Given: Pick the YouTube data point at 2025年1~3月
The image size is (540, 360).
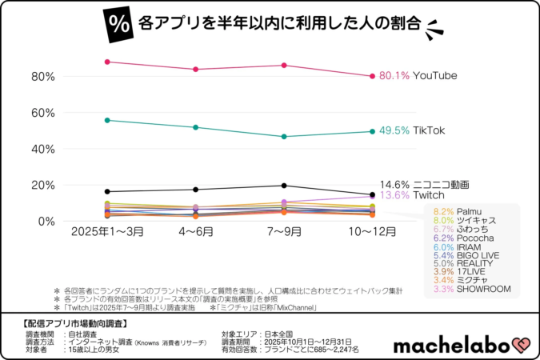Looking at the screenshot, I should click(107, 62).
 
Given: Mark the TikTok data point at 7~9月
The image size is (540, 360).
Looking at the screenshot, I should click(284, 137).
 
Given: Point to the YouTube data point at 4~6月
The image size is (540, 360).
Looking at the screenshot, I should click(196, 70).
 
